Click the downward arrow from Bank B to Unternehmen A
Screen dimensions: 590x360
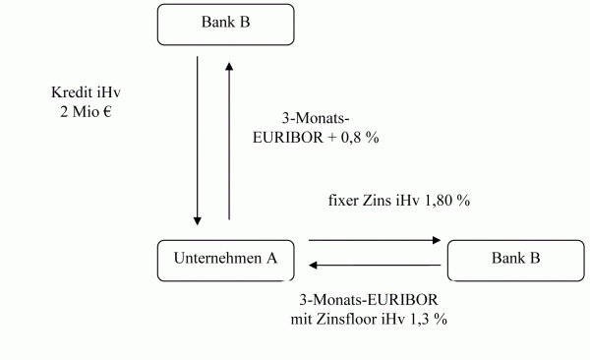[198, 141]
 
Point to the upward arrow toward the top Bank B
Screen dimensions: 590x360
[229, 141]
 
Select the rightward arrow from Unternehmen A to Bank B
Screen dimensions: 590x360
[375, 240]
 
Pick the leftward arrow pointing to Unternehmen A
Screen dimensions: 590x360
[375, 266]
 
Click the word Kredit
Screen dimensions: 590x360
[72, 92]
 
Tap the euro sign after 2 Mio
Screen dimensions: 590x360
[107, 111]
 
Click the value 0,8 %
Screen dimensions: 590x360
[360, 138]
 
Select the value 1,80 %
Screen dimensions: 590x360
[447, 201]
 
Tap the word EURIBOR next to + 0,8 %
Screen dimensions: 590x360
[288, 138]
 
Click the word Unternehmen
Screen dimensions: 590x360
[217, 259]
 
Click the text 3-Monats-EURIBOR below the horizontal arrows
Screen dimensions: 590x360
[369, 300]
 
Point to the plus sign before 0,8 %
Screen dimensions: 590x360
[332, 138]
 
